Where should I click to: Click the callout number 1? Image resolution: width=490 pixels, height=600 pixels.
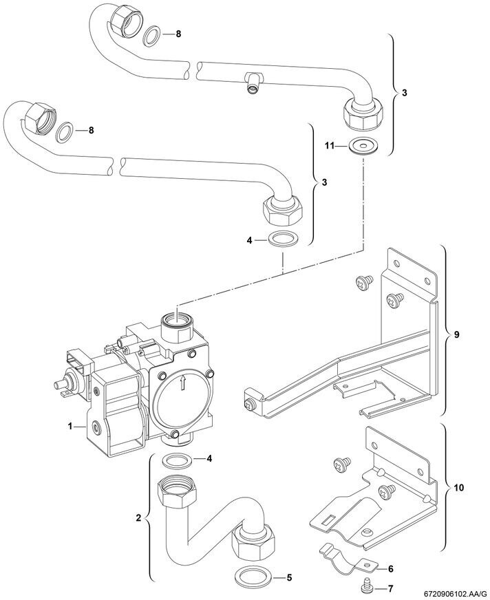point(70,427)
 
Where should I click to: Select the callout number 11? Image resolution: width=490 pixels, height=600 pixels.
point(329,146)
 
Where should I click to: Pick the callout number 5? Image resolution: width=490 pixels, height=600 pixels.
point(290,577)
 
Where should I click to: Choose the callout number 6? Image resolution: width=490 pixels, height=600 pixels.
point(390,568)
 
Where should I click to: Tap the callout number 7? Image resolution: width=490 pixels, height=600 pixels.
point(390,590)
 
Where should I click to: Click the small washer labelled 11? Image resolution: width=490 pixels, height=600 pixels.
point(358,147)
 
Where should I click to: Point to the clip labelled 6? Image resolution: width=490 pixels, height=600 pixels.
point(344,559)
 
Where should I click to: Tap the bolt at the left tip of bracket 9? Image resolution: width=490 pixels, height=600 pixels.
point(250,400)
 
